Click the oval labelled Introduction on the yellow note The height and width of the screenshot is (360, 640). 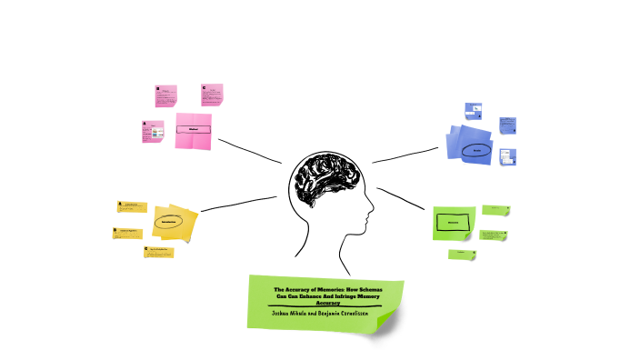[x=168, y=221]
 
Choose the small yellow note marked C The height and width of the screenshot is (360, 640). [x=158, y=252]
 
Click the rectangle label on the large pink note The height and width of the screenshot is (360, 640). [x=193, y=130]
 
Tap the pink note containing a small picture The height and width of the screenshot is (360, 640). [x=154, y=131]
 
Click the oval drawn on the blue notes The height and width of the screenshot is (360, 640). [x=476, y=150]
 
